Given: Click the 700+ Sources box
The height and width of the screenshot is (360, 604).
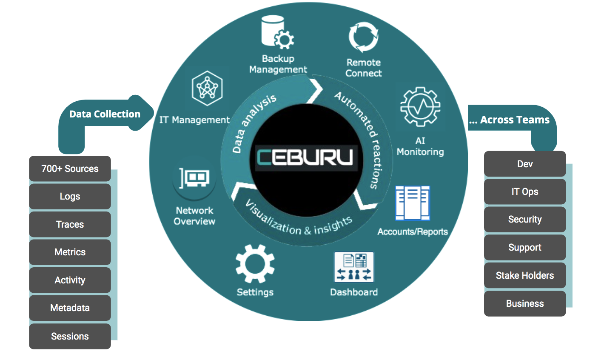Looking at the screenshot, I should (x=70, y=169).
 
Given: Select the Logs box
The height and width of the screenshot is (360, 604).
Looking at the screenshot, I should (x=70, y=197).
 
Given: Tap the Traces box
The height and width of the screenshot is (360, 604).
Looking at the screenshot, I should (x=70, y=224).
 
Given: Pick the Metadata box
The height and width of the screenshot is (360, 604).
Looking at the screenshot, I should (x=70, y=308).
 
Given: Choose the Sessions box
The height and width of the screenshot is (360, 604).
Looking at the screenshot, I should (x=70, y=336).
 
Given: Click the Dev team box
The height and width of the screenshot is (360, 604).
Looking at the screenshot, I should (x=525, y=164).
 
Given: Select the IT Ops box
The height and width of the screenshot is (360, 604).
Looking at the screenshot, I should (x=525, y=191).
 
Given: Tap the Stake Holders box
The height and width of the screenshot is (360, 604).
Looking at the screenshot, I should (x=525, y=275).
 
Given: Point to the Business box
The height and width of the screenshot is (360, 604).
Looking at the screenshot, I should (x=525, y=303).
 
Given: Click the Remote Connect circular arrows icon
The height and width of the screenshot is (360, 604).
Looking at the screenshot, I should (x=363, y=37).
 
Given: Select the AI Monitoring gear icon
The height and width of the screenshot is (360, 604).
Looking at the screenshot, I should (x=420, y=107).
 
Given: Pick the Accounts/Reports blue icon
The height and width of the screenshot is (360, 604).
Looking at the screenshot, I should (x=412, y=203).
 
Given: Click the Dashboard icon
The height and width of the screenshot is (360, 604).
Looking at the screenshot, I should (x=354, y=267).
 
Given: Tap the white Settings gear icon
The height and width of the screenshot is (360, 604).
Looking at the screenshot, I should (x=255, y=264).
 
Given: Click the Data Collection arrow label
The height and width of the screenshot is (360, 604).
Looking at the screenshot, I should (x=105, y=114).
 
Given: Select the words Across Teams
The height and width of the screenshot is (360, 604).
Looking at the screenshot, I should (x=514, y=120).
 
